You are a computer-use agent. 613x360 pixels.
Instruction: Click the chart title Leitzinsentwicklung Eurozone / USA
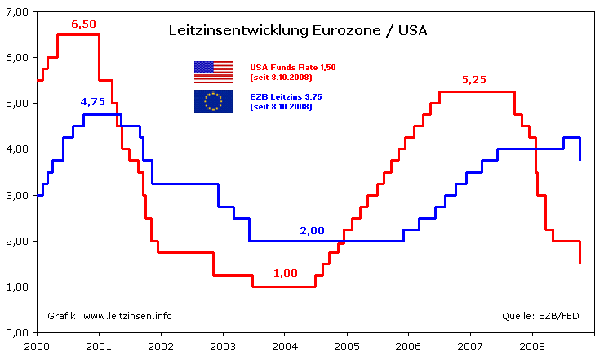tap(297, 32)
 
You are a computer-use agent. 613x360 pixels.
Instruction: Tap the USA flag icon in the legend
tap(213, 72)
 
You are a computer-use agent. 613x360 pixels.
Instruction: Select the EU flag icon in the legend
tap(213, 101)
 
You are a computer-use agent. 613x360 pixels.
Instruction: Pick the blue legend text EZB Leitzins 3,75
tap(286, 96)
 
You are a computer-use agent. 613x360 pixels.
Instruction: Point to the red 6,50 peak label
tap(84, 24)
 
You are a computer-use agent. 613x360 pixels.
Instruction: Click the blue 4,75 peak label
tap(92, 101)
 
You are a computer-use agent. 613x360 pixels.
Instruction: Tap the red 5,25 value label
tap(474, 80)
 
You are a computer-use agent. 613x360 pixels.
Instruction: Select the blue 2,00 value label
tap(312, 230)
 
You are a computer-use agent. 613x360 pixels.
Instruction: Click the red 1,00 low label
tap(285, 273)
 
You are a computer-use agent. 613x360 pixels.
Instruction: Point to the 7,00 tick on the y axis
tap(16, 12)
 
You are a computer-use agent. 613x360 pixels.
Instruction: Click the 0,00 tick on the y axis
tap(16, 333)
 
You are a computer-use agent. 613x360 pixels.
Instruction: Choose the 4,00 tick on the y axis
tap(16, 149)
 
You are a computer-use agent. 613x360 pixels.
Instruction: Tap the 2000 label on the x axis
tap(37, 346)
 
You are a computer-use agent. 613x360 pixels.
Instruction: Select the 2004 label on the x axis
tap(284, 346)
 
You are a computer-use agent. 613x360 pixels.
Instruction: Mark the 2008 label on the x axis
tap(532, 346)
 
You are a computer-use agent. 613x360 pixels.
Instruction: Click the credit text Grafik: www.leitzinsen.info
tap(109, 316)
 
